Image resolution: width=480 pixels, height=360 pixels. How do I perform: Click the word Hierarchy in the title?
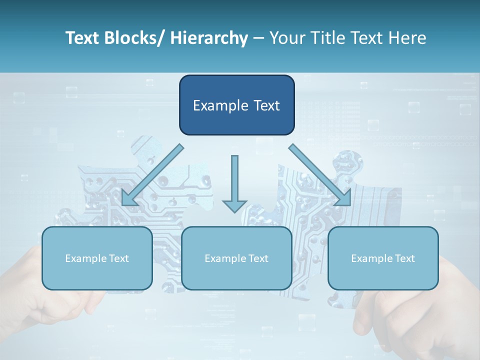[209, 38]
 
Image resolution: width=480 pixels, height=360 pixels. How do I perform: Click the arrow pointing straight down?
[234, 180]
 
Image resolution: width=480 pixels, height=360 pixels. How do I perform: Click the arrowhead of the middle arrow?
[234, 205]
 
